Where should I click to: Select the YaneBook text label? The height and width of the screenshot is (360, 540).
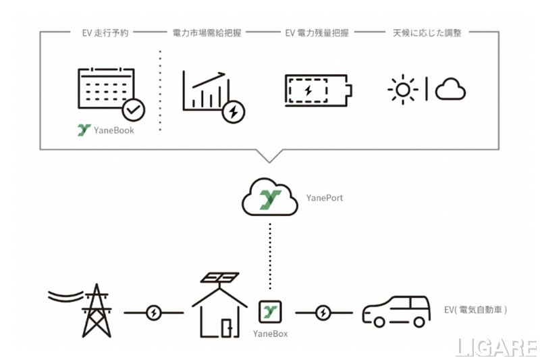[x=111, y=130]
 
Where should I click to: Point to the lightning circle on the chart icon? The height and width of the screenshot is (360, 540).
[x=234, y=111]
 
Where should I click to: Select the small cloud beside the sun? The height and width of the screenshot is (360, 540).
[x=450, y=89]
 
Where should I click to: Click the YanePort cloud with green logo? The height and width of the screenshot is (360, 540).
[x=269, y=199]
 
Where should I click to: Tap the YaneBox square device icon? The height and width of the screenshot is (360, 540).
[x=270, y=313]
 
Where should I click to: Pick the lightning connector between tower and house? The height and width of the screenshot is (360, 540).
[x=154, y=313]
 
